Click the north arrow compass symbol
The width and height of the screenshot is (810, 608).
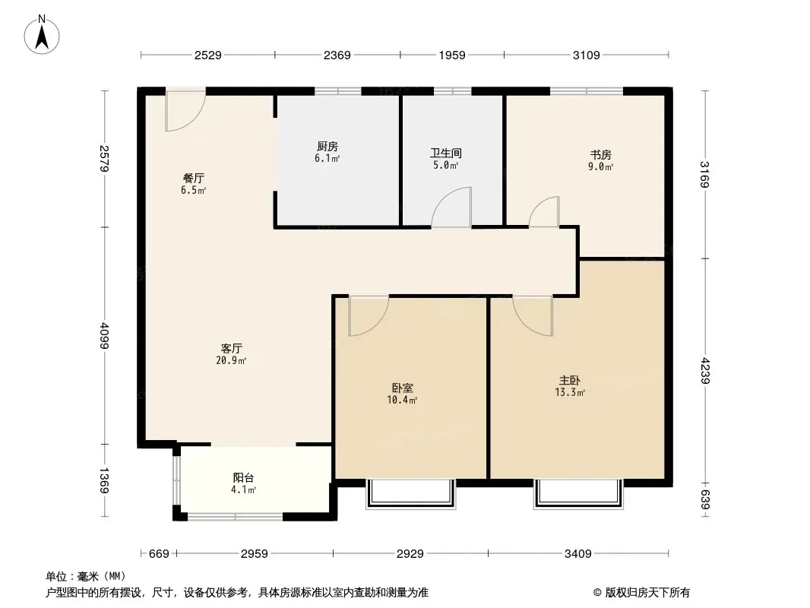click(x=42, y=35)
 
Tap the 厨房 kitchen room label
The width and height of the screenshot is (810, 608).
click(x=327, y=147)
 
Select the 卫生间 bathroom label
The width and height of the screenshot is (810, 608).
click(x=446, y=154)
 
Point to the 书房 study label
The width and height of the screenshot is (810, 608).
click(x=601, y=155)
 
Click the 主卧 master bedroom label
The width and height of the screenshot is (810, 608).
click(x=570, y=381)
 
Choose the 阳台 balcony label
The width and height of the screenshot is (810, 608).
click(x=243, y=478)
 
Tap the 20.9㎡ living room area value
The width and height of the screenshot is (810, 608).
click(x=231, y=360)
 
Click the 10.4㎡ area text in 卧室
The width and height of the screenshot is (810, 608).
click(x=402, y=400)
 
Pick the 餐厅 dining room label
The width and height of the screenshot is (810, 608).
click(x=194, y=178)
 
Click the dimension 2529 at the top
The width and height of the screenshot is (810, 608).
click(x=207, y=55)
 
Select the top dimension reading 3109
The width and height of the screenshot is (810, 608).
click(x=587, y=55)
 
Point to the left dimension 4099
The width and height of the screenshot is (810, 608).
click(x=105, y=336)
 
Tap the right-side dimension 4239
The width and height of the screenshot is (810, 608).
click(x=706, y=371)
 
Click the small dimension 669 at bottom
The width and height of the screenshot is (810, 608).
click(x=159, y=554)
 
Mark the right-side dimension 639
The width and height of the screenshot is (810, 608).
click(x=706, y=499)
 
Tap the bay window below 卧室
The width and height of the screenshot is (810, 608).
click(x=410, y=494)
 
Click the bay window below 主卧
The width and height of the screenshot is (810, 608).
click(x=578, y=494)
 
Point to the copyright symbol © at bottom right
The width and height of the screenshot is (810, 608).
click(x=598, y=593)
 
